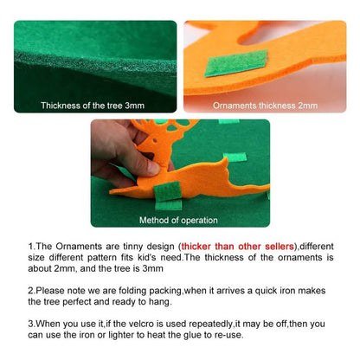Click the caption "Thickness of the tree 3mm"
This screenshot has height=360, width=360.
click(x=93, y=106)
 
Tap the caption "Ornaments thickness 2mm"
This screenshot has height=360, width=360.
click(x=265, y=106)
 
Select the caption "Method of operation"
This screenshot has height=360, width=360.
click(x=178, y=221)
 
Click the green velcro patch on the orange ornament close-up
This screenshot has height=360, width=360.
click(x=236, y=63)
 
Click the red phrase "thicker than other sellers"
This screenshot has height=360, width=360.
click(x=237, y=247)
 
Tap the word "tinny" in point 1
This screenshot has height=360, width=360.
click(x=132, y=247)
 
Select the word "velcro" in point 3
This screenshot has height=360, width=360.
click(x=140, y=324)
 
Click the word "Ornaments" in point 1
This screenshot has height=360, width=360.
click(x=79, y=247)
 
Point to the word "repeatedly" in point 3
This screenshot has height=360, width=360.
click(x=210, y=324)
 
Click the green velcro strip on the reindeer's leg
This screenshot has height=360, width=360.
click(x=167, y=191)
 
